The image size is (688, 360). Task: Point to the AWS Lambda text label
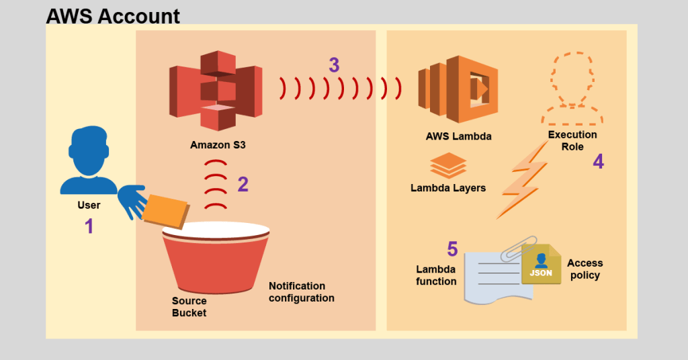tap(458, 136)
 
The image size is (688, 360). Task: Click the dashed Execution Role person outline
tap(572, 90)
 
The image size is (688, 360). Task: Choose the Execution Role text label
tap(572, 140)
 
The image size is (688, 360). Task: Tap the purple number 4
tap(598, 163)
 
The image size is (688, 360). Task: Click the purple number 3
tap(334, 65)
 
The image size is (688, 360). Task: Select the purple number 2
tap(243, 184)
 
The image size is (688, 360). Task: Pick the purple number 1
tap(89, 226)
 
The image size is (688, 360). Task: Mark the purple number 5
tap(452, 250)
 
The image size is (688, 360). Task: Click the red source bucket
tap(216, 262)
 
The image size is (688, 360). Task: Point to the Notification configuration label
tap(301, 291)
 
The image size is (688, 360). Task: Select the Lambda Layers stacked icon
tap(447, 165)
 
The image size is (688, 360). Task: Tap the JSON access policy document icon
tap(541, 265)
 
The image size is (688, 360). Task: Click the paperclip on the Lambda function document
tap(518, 249)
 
